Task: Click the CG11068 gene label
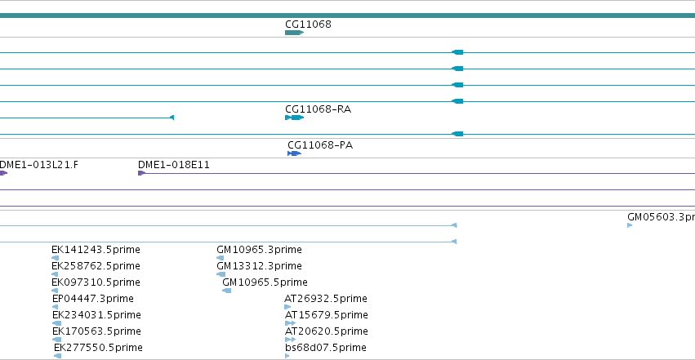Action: (308, 24)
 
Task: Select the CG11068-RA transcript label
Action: (319, 109)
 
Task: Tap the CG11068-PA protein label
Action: (320, 145)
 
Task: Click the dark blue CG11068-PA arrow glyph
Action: (294, 153)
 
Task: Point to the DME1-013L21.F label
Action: (38, 165)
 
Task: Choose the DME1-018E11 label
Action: (174, 165)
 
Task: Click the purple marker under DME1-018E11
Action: (141, 173)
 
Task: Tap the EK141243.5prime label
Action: (96, 250)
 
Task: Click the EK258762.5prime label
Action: (96, 266)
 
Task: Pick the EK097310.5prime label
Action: (96, 282)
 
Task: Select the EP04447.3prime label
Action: (92, 299)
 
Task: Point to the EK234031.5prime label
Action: (96, 315)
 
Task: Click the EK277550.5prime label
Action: (98, 348)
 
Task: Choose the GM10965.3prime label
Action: (259, 250)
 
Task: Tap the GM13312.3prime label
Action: (259, 266)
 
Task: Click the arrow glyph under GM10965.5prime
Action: (226, 291)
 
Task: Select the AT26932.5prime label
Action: (326, 299)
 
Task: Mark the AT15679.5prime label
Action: (326, 315)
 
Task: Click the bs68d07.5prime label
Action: (326, 348)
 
